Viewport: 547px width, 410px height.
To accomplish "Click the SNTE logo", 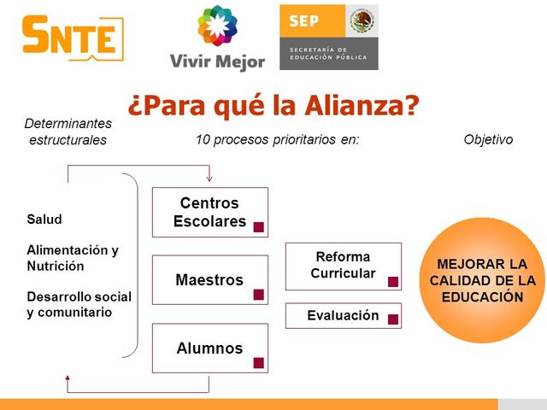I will [72, 38].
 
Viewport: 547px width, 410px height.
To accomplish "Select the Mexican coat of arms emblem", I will [362, 20].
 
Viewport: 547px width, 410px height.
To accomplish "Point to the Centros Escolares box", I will [209, 212].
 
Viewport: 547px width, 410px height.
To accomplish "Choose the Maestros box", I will [209, 280].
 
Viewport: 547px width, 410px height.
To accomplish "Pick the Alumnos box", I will [209, 348].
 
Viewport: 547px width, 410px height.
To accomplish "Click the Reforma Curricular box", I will [343, 266].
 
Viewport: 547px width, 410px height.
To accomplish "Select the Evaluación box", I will [343, 316].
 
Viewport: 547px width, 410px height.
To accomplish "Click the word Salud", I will [44, 220].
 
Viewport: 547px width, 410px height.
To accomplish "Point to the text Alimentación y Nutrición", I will [73, 258].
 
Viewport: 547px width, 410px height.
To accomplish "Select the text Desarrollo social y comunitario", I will [79, 304].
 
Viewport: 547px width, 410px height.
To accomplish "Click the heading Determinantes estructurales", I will [68, 132].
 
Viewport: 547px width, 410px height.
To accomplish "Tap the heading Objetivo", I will [488, 139].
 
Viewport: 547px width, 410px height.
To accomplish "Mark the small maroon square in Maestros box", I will [259, 295].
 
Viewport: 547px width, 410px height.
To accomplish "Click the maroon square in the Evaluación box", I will [393, 319].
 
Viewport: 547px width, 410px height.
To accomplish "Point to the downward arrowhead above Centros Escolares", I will [209, 179].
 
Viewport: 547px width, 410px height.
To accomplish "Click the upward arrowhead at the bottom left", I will [68, 377].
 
